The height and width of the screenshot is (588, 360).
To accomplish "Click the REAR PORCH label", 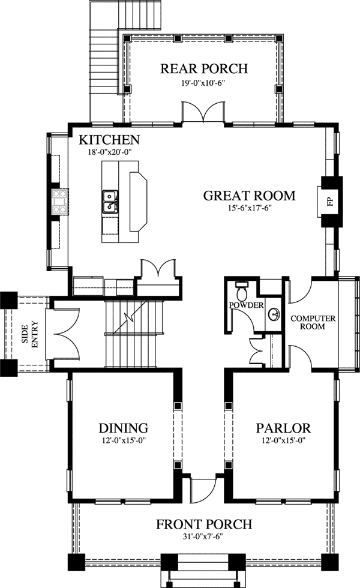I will [x=203, y=68].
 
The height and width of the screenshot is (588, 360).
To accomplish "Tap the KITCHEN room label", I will [x=110, y=140].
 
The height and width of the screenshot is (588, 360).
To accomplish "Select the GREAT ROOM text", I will [x=249, y=195].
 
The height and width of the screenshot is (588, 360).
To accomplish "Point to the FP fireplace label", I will [x=330, y=201].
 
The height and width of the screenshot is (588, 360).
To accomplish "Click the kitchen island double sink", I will [x=110, y=202].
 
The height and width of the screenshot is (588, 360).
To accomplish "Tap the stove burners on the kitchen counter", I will [x=59, y=202].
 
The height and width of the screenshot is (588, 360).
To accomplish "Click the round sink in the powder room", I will [x=272, y=313].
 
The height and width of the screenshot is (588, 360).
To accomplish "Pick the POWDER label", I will [x=247, y=305].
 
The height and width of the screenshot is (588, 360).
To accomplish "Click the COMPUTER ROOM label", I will [x=307, y=322].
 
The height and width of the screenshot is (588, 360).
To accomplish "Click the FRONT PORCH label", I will [x=203, y=524].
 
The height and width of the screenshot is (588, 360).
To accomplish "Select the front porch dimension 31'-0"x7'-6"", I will [x=203, y=536].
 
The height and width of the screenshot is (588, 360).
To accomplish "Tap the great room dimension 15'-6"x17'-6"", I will [x=249, y=208].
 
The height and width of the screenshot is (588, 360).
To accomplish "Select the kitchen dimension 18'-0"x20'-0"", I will [x=109, y=152].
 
